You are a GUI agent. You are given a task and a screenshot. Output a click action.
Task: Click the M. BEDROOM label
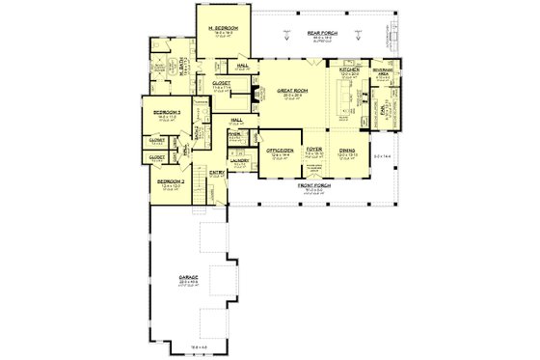225,29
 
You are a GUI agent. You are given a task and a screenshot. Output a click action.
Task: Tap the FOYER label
313,151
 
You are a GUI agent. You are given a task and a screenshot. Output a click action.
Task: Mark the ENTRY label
216,172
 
